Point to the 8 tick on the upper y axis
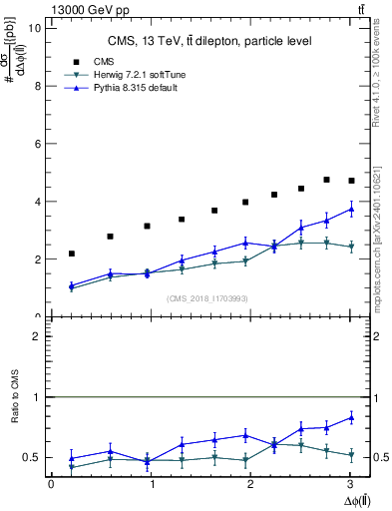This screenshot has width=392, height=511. (39, 86)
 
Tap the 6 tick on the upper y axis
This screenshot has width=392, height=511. (39, 144)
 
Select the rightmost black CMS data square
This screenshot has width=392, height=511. (350, 181)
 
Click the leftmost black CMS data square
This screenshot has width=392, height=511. (71, 254)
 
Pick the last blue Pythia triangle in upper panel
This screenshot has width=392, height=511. (350, 209)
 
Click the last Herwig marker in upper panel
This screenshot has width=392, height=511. (350, 247)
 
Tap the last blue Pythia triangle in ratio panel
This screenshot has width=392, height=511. (350, 417)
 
